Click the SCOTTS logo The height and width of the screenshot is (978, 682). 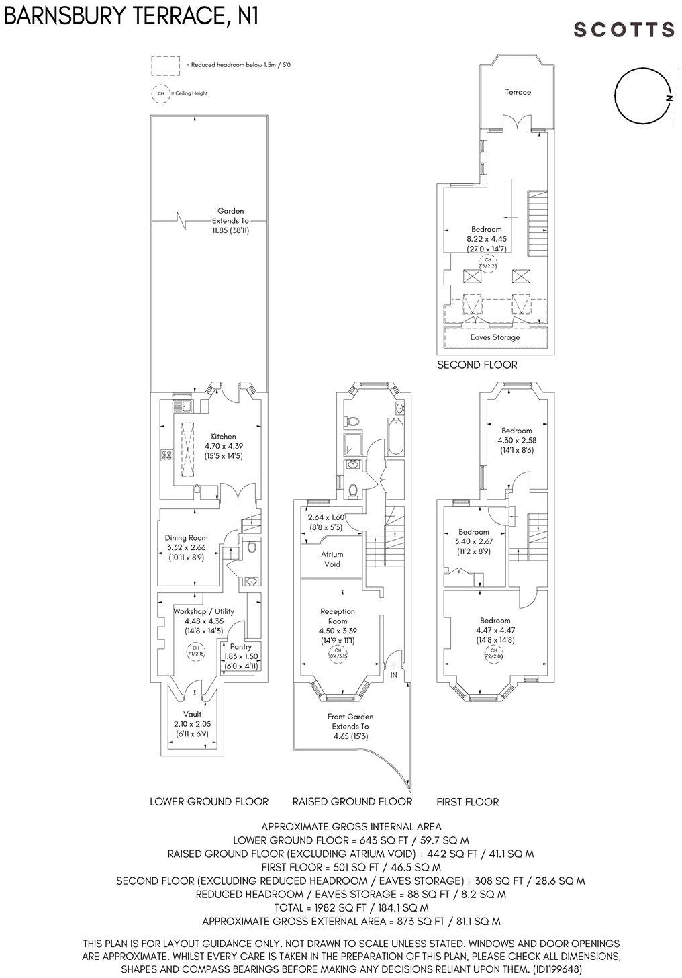(624, 30)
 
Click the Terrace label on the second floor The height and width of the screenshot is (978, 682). (518, 92)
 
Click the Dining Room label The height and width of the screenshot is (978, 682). (186, 538)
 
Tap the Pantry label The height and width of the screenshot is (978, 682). (240, 647)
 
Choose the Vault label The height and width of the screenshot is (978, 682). (192, 714)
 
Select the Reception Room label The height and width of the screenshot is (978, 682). (338, 616)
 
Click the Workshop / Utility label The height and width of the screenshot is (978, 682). (203, 611)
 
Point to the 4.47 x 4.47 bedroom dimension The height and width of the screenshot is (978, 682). (495, 630)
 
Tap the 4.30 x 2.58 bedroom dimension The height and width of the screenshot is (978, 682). (516, 441)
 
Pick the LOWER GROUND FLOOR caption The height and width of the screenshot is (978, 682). (209, 801)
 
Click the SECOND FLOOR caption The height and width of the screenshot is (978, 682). (477, 365)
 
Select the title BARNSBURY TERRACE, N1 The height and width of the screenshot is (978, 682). (132, 16)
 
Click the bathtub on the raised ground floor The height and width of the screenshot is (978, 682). (395, 436)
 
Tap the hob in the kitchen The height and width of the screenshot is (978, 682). (165, 455)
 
